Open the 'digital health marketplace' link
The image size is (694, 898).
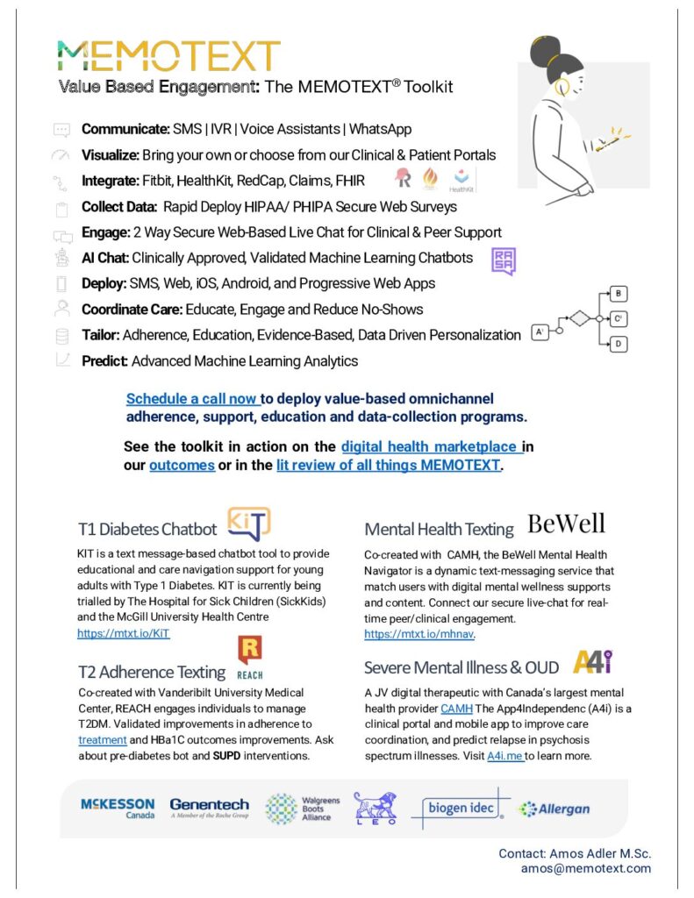click(432, 447)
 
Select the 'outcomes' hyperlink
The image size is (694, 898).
click(182, 465)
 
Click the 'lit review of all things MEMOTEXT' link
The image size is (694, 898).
click(389, 465)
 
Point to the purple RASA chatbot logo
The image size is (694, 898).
click(504, 260)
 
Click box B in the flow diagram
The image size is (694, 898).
click(619, 294)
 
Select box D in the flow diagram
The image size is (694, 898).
click(619, 344)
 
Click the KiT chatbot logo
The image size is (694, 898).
click(248, 524)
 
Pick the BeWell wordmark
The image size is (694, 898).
click(566, 524)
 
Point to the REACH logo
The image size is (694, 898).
click(250, 657)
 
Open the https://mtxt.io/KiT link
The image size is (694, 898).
click(124, 633)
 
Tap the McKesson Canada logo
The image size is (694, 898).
click(118, 808)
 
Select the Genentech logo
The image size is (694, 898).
click(209, 808)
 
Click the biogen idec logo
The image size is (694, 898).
click(460, 808)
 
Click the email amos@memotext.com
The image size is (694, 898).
click(586, 868)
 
